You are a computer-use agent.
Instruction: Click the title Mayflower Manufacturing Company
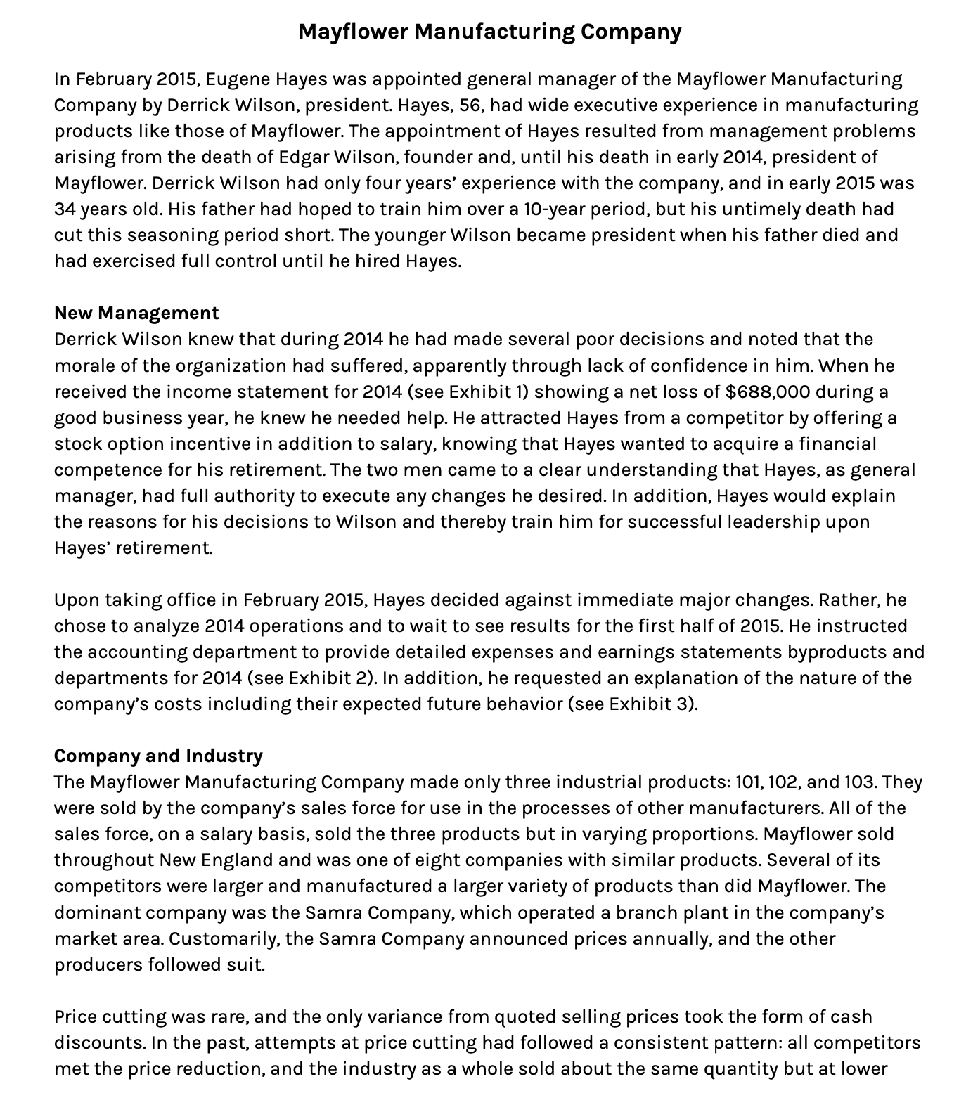(x=489, y=32)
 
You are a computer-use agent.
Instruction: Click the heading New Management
(x=136, y=313)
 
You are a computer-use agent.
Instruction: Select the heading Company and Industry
(x=158, y=756)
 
